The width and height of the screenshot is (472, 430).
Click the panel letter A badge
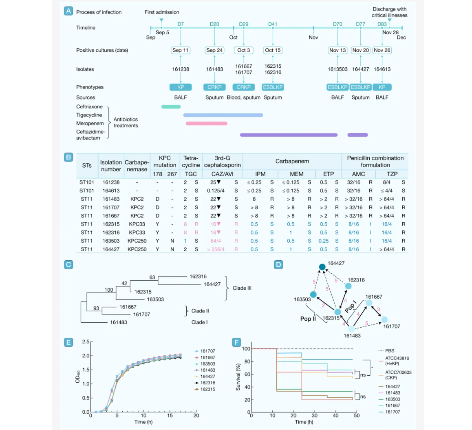coord(68,11)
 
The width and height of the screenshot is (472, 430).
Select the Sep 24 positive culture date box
coord(214,50)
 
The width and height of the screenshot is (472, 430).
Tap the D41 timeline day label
coord(273,24)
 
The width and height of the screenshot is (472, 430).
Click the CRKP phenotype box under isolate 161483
coord(214,87)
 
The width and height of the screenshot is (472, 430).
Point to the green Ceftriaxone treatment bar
coord(171,107)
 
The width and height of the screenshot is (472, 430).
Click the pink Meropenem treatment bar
coord(206,123)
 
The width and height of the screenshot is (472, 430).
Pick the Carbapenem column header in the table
coord(292,161)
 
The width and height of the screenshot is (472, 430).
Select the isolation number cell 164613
coord(111,191)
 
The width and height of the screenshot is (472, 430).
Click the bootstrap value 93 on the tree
coord(96,308)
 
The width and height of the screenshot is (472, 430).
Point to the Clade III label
coord(242,288)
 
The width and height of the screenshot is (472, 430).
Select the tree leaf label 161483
coord(119,322)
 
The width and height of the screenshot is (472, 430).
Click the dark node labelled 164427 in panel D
coord(322,267)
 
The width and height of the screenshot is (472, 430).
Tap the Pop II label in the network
coord(308,319)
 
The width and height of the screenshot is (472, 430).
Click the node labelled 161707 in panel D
coord(384,319)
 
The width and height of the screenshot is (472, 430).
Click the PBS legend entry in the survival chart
coord(389,350)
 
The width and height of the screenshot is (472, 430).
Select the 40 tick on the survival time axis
coord(335,415)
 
